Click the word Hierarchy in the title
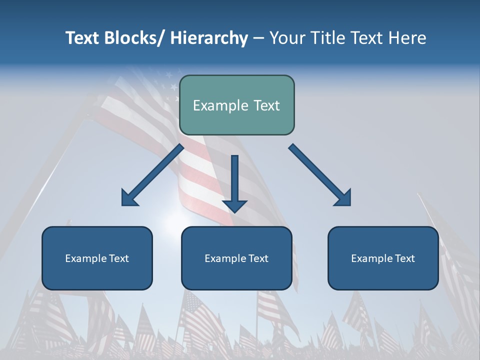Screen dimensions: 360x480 tap(209, 38)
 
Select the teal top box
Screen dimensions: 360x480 tap(236, 105)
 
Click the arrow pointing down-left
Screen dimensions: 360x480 tap(152, 175)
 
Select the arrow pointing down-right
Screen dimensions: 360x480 tap(320, 175)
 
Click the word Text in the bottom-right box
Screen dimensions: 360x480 tap(404, 258)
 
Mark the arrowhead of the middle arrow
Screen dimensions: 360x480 tap(234, 205)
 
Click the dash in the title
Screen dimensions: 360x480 tap(258, 39)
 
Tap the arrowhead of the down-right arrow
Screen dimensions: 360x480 tap(342, 198)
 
